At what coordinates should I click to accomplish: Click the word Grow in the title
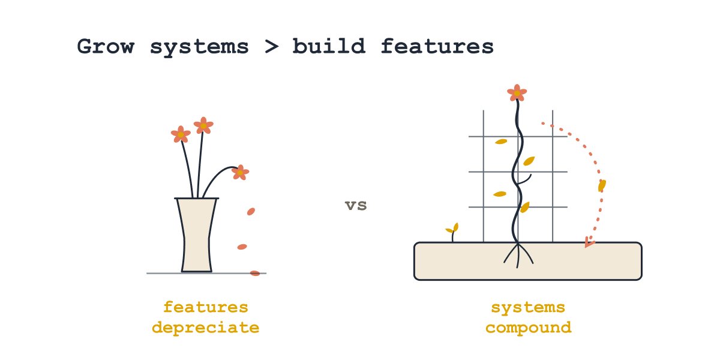pyautogui.click(x=106, y=46)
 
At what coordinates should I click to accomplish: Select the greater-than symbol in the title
pyautogui.click(x=272, y=47)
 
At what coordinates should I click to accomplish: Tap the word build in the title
pyautogui.click(x=329, y=46)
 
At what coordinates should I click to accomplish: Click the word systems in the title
pyautogui.click(x=200, y=48)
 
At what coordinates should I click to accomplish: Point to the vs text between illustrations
pyautogui.click(x=356, y=205)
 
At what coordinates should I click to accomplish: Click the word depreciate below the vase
pyautogui.click(x=206, y=328)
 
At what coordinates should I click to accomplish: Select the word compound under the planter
pyautogui.click(x=529, y=328)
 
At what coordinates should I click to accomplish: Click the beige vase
pyautogui.click(x=196, y=235)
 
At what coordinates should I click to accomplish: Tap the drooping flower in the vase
pyautogui.click(x=240, y=173)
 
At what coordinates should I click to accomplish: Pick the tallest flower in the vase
pyautogui.click(x=203, y=125)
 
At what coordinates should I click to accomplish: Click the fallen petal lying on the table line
pyautogui.click(x=255, y=273)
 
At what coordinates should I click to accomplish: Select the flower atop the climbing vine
pyautogui.click(x=517, y=93)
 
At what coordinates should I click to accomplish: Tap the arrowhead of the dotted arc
pyautogui.click(x=589, y=242)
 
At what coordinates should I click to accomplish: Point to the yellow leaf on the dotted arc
pyautogui.click(x=602, y=186)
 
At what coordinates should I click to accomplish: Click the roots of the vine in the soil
pyautogui.click(x=518, y=256)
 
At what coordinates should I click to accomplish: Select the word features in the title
pyautogui.click(x=437, y=46)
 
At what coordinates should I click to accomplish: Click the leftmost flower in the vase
pyautogui.click(x=181, y=134)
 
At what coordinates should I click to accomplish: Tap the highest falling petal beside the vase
pyautogui.click(x=251, y=211)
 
